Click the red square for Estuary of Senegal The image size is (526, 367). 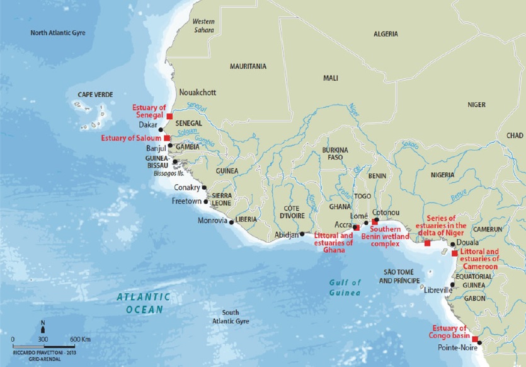tap(169, 116)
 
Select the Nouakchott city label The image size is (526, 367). tap(198, 92)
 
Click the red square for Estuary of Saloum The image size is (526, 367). tap(166, 138)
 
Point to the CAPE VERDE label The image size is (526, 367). tap(95, 95)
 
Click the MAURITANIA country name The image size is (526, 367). tap(248, 66)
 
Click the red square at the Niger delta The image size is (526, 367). tap(428, 243)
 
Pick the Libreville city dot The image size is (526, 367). tap(452, 284)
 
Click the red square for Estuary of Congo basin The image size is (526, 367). tap(475, 339)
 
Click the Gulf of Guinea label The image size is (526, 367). tap(343, 288)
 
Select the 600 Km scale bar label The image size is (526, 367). tap(80, 340)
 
